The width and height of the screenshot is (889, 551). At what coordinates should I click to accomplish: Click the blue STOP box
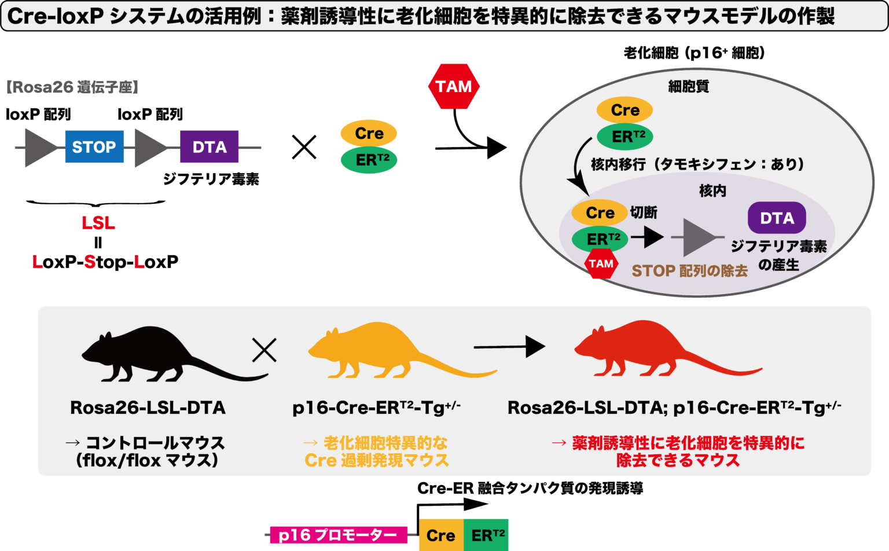pos(94,147)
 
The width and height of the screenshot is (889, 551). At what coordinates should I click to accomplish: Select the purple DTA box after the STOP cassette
pos(209,147)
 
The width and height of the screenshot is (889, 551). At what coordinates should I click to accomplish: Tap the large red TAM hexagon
pos(454,87)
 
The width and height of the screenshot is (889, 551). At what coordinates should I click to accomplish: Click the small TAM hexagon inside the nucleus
pos(601,264)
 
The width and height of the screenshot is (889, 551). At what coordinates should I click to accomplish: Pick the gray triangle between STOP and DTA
pos(149,148)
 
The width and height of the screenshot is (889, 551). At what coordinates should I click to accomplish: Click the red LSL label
pos(98,223)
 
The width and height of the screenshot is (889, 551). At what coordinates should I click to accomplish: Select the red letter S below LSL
pos(90,262)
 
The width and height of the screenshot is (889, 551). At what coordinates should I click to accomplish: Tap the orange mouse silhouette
pos(382,353)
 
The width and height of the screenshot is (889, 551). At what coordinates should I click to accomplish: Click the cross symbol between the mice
pos(265,350)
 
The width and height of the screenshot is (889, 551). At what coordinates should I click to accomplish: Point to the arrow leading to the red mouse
pos(509,347)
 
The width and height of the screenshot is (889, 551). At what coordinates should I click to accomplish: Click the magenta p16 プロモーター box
pos(338,535)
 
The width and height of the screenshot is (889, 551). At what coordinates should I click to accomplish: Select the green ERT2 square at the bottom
pos(486,535)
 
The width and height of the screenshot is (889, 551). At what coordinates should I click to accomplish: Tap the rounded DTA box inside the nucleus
pos(777,218)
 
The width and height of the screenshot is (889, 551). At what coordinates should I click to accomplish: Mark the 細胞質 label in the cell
pos(689,87)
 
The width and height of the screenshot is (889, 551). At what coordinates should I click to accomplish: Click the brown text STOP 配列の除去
pos(689,271)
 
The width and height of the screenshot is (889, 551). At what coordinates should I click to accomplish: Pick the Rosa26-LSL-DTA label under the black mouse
pos(148,408)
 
